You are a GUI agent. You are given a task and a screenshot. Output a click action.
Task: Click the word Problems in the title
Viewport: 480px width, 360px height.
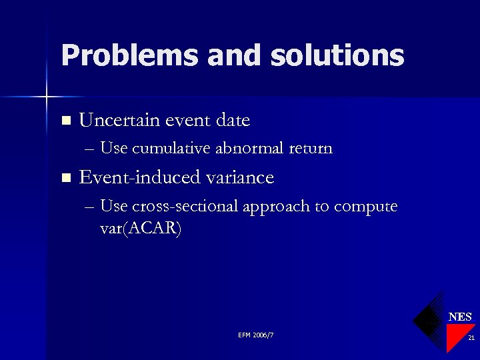click(x=129, y=55)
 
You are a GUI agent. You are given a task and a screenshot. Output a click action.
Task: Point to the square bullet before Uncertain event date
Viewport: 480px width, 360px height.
click(x=65, y=121)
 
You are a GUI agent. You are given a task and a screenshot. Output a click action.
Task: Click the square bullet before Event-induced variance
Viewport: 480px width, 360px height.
click(x=65, y=178)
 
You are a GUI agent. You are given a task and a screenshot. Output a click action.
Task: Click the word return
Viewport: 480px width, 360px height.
click(x=311, y=148)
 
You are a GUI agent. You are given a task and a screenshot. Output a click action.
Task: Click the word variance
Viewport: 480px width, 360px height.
click(x=242, y=177)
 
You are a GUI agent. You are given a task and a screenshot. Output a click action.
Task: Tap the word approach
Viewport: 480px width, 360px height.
click(x=276, y=207)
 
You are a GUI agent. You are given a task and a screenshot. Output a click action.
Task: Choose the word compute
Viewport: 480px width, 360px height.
click(x=365, y=207)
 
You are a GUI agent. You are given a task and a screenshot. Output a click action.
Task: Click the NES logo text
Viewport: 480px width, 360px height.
click(x=460, y=317)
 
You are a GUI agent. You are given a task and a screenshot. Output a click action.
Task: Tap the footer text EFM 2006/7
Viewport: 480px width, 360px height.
click(x=255, y=334)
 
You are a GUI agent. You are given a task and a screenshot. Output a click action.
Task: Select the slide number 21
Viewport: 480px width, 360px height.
click(x=470, y=339)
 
